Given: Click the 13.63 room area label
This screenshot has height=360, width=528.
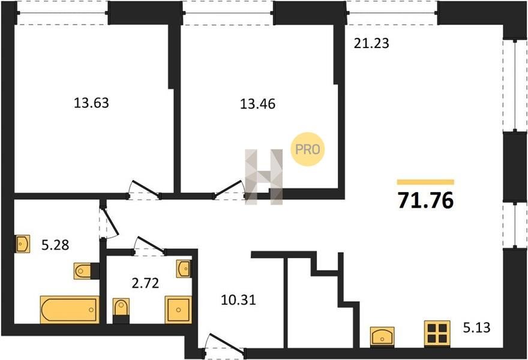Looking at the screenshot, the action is point(91,103).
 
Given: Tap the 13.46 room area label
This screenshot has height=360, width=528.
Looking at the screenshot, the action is point(257,104).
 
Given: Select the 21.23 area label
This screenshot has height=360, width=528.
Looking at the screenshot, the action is point(371,43).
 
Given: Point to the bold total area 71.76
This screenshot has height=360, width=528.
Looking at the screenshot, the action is point(425,200).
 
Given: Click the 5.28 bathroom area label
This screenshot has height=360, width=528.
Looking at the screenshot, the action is point(55,245).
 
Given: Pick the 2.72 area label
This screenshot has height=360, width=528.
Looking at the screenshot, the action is point(145,283).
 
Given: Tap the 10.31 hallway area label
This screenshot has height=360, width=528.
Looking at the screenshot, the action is point(238,300).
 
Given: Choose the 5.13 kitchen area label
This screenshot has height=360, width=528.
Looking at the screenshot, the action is point(476,328).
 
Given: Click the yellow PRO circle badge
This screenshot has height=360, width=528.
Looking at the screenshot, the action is point(307,149).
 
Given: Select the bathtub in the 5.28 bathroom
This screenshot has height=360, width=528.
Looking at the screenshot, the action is point(70,310).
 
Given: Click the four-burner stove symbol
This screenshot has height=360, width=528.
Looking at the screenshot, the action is point(437,334).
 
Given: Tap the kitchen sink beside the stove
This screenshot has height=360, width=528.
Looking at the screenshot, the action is point(382,337).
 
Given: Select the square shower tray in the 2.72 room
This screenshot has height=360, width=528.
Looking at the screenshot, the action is point(178,310).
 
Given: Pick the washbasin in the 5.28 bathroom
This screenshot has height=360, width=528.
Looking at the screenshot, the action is point(22,244).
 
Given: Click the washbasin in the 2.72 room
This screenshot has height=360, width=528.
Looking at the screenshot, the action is point(184,268).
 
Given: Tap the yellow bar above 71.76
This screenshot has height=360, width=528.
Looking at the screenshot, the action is point(425,182).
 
